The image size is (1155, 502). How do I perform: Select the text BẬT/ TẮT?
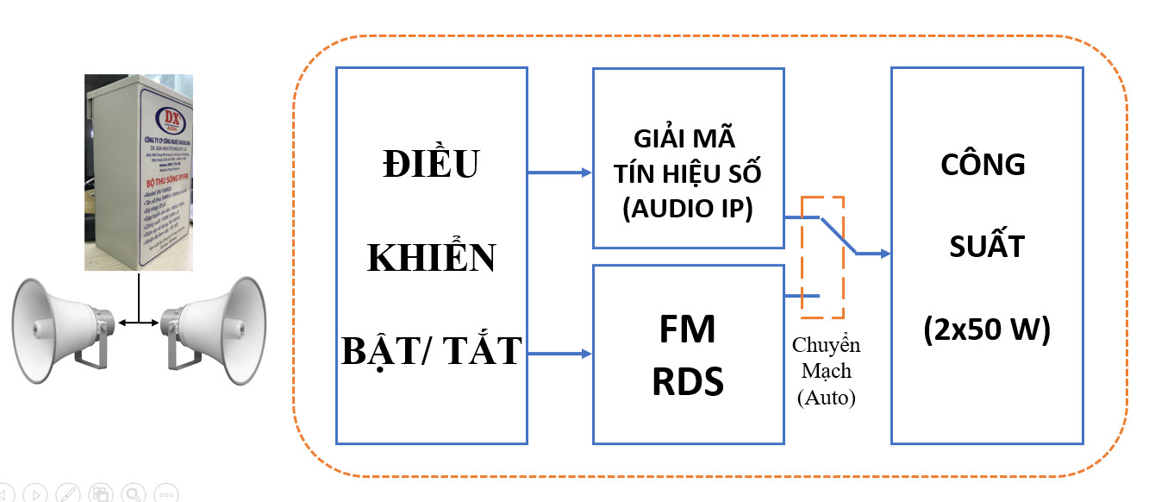(432, 350)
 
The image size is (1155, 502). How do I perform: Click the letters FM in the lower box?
(688, 331)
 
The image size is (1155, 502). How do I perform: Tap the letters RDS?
(688, 381)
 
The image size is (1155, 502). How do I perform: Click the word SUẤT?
(986, 248)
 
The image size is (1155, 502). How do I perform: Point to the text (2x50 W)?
(986, 329)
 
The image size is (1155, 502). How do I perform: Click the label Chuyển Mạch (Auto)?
(826, 372)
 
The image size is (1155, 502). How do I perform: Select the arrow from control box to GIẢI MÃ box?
(559, 173)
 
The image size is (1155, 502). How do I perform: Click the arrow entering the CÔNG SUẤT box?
(872, 254)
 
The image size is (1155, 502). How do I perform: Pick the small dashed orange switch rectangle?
(823, 258)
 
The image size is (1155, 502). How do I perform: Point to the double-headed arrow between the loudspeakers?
(139, 323)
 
